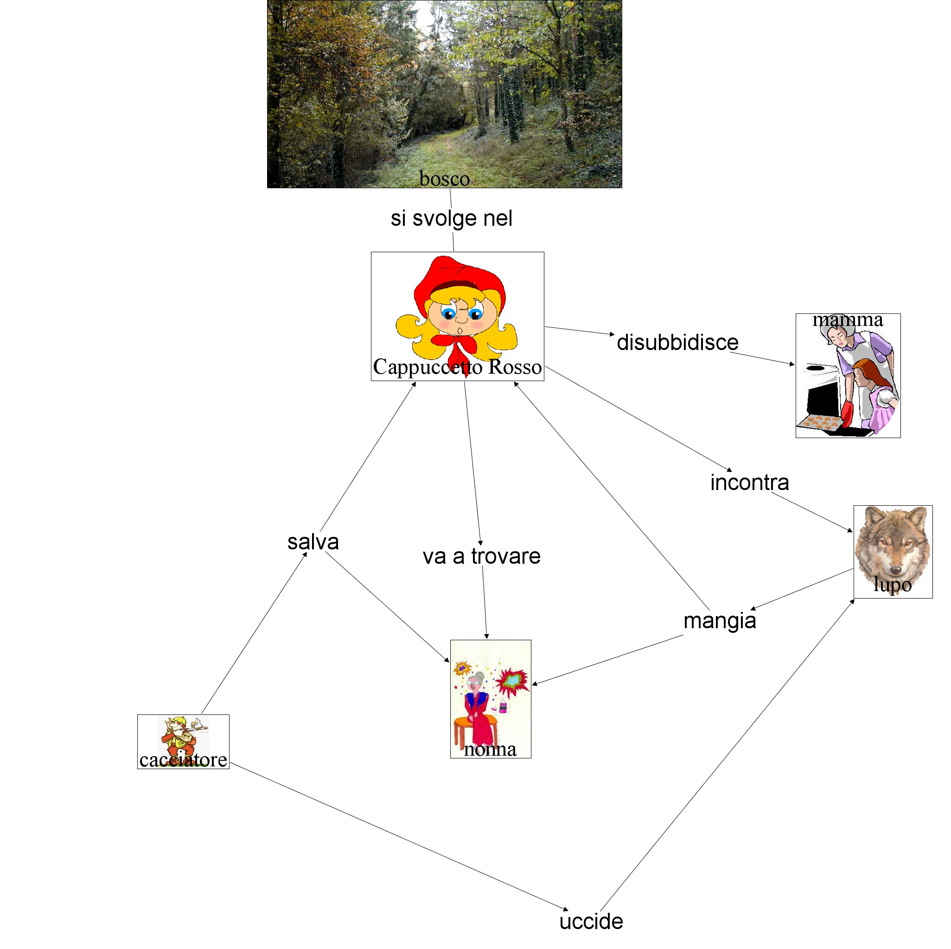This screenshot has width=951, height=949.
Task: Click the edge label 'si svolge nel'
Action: (451, 218)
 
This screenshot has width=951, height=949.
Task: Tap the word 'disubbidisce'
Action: (677, 343)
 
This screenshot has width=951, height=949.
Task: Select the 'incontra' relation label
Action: (749, 482)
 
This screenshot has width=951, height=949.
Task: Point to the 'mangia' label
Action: (720, 621)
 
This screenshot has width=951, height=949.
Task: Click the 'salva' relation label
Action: (313, 542)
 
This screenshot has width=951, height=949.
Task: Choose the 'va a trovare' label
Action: (481, 556)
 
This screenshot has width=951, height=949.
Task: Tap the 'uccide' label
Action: (591, 922)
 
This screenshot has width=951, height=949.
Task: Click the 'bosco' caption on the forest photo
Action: (445, 178)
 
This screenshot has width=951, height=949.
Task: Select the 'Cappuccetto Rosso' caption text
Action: (457, 367)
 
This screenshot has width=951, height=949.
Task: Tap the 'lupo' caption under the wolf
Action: (893, 584)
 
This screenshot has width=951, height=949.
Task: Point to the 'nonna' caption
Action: (490, 749)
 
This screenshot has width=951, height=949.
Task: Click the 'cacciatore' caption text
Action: (183, 759)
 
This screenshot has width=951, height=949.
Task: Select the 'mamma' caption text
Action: (848, 319)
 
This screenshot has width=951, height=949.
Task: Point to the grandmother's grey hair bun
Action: (479, 676)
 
